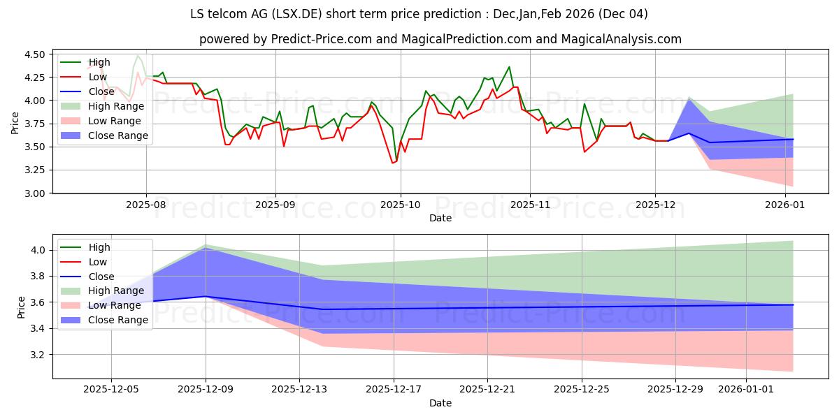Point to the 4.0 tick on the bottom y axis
[41, 250]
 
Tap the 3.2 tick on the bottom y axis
[41, 355]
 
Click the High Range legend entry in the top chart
[115, 106]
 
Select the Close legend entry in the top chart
[101, 91]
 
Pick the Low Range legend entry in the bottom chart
[114, 305]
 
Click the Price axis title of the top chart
[15, 123]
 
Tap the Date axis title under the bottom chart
[440, 404]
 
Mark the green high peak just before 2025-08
[138, 56]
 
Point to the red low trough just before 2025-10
[393, 163]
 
